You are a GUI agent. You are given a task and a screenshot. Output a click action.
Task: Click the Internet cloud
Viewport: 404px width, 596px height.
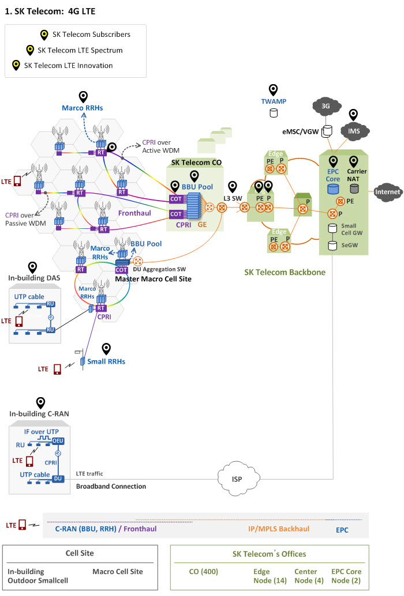(x=387, y=191)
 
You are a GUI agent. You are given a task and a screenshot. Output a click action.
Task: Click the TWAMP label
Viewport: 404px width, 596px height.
(x=274, y=101)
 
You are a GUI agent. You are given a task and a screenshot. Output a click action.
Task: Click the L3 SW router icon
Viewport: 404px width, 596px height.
(x=222, y=208)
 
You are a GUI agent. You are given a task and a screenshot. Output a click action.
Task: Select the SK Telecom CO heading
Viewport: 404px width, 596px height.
(x=197, y=163)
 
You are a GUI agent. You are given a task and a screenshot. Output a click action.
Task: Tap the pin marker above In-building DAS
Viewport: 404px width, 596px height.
(x=33, y=267)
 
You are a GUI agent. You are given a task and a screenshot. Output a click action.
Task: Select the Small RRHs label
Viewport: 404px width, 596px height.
(x=106, y=361)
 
